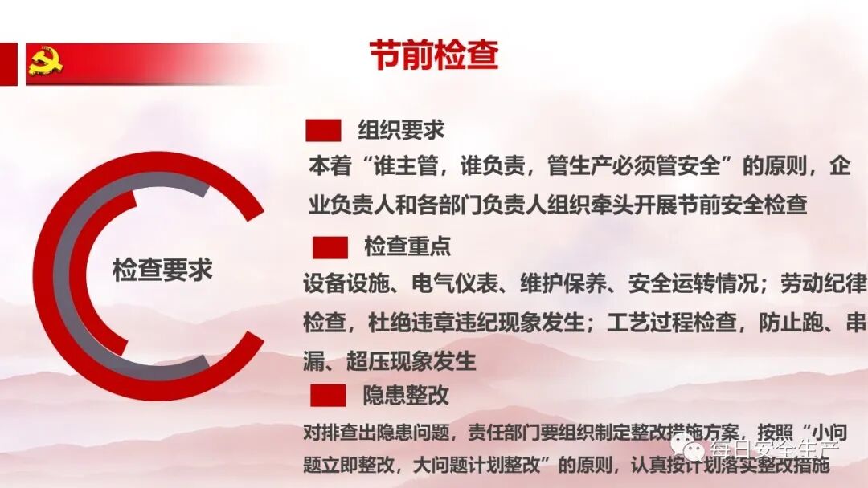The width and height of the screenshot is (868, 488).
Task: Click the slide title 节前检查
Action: click(434, 56)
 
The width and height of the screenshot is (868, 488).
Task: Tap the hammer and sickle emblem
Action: click(46, 62)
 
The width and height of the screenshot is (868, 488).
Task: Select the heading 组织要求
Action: click(401, 130)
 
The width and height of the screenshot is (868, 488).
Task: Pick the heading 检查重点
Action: click(407, 246)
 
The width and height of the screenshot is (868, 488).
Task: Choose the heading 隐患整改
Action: click(406, 395)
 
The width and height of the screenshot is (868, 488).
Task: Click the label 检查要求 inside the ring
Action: click(162, 270)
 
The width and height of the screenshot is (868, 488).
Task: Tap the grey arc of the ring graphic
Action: click(64, 265)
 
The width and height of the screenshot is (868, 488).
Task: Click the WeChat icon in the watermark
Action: click(689, 444)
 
